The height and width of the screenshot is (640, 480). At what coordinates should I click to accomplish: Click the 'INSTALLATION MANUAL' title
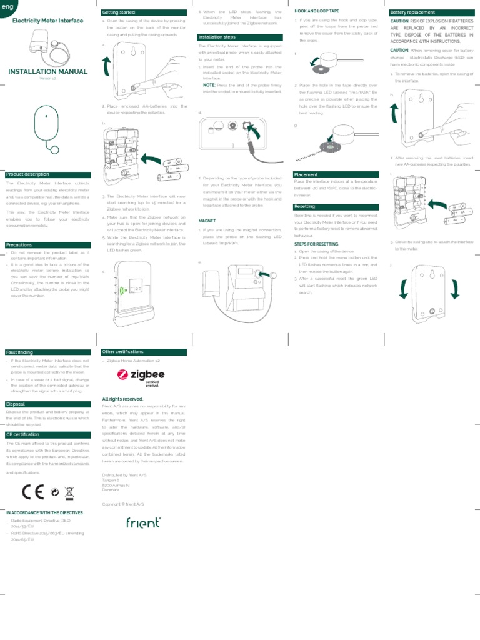pos(47,72)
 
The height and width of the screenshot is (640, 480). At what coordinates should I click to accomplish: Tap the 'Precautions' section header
pos(18,245)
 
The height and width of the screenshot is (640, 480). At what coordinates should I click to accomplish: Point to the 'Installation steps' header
pos(217,37)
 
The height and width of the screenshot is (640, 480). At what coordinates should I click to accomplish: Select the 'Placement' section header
pos(306,174)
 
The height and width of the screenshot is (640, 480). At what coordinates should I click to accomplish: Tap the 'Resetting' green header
pos(305,206)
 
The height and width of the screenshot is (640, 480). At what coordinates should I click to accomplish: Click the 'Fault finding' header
pos(19,352)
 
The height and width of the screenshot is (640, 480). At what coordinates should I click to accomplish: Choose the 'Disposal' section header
pos(16,404)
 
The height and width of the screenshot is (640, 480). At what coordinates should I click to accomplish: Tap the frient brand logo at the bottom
pos(143,522)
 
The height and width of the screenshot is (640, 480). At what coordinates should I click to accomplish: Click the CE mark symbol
pos(32,492)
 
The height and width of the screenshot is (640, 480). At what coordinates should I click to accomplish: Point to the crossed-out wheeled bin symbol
pos(69,492)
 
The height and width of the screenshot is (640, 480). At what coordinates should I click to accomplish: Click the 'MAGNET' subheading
pos(207,221)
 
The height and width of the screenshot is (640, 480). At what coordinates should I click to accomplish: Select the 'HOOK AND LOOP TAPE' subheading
pos(316,11)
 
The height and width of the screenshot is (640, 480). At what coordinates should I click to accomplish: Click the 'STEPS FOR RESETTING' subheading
pos(316,244)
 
